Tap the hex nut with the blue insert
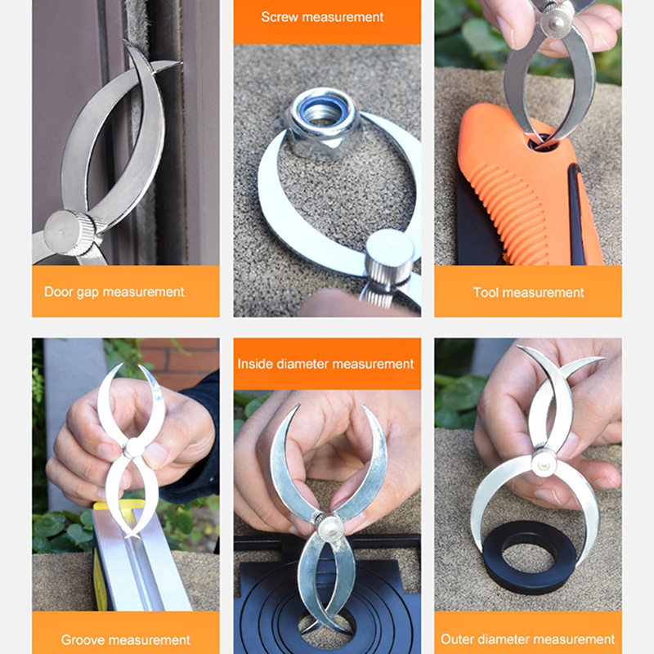tap(321, 123)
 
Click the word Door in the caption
tap(59, 292)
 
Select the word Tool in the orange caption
tap(486, 293)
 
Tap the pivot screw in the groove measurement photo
tap(134, 448)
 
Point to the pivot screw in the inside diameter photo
tap(329, 526)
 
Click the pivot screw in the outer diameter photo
tap(544, 464)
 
